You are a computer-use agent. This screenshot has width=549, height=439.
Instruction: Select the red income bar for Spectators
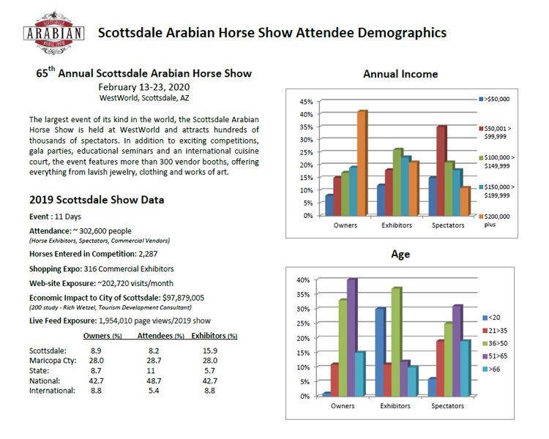pos(441,171)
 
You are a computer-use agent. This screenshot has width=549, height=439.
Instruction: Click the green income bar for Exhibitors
pos(397,182)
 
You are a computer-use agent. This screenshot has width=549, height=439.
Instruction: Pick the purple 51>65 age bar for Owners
pos(352,337)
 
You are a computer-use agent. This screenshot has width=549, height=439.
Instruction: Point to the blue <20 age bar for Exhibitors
pos(380,352)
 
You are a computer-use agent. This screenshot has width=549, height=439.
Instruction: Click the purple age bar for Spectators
pos(457,350)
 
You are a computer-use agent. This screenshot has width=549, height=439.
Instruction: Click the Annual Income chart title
pos(400,74)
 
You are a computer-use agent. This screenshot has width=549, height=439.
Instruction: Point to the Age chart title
pos(400,255)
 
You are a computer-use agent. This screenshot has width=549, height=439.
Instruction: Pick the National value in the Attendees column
pos(157,380)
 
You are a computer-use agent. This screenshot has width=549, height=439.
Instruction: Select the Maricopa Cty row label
pos(52,361)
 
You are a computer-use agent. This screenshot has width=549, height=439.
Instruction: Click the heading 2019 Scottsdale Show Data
pos(97,200)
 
